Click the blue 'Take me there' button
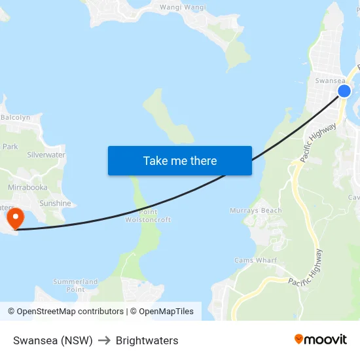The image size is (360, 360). (179, 160)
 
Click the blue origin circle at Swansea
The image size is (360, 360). (344, 91)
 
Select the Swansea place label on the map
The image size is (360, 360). (329, 81)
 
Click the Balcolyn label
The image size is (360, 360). (16, 118)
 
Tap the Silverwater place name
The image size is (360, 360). (46, 155)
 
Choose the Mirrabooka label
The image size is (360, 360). (27, 187)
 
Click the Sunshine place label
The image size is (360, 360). (55, 204)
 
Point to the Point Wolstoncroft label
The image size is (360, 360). (148, 216)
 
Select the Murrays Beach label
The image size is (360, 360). (256, 211)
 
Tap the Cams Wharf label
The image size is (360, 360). (255, 261)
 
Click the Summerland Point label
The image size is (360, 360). (75, 285)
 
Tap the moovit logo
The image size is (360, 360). (321, 339)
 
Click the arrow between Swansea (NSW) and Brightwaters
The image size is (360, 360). (104, 340)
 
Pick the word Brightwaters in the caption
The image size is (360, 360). (147, 340)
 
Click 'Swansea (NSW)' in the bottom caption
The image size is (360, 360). (52, 340)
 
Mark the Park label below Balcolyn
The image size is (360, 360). (10, 147)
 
